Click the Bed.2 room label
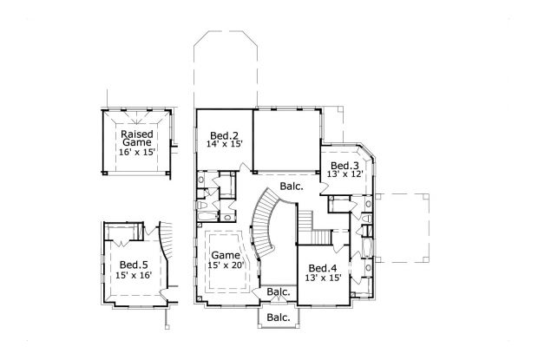click(x=224, y=135)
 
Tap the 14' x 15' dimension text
click(x=225, y=144)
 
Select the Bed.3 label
click(x=344, y=166)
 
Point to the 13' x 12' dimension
click(x=344, y=173)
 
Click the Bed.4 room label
click(x=323, y=268)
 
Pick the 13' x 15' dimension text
click(x=323, y=278)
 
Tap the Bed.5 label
click(x=134, y=265)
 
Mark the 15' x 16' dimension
click(x=134, y=275)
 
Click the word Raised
click(x=137, y=134)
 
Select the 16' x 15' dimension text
click(x=137, y=152)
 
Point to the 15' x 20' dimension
click(x=226, y=265)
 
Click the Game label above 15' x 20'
click(x=226, y=255)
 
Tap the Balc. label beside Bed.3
click(x=292, y=187)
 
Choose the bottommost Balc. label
click(x=279, y=317)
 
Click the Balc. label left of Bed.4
click(x=279, y=292)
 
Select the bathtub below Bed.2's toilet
click(x=207, y=216)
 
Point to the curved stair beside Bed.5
click(x=165, y=240)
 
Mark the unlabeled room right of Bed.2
click(x=286, y=140)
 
